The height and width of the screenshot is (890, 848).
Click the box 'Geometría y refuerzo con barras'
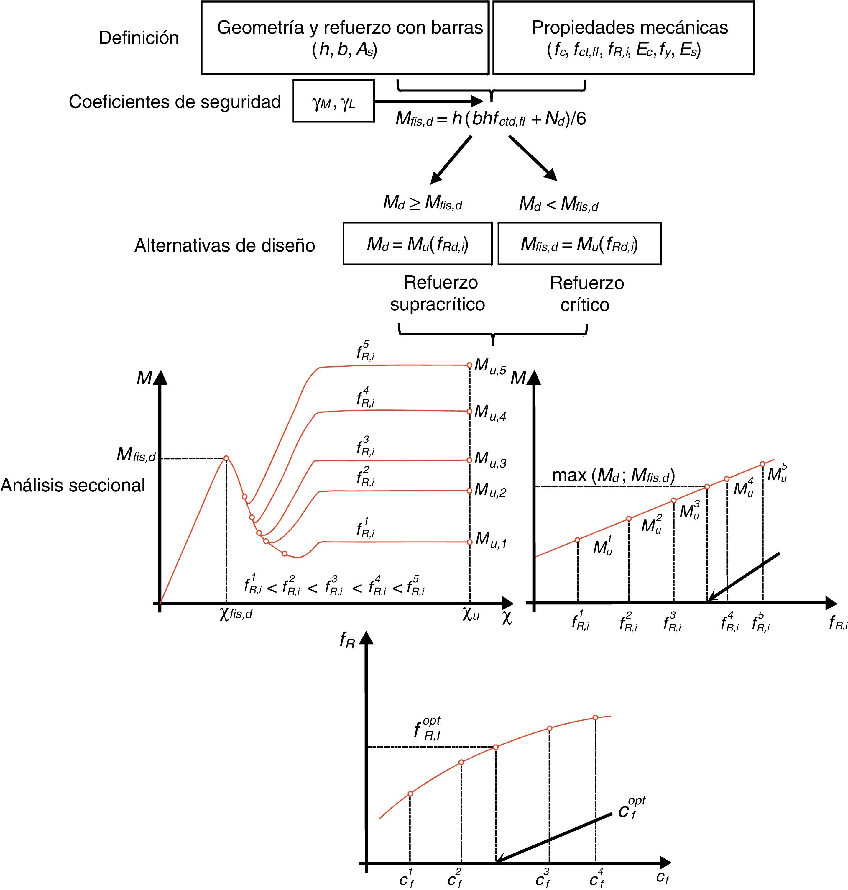345,37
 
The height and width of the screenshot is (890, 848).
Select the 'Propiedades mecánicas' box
623,37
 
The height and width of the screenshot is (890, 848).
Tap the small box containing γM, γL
333,101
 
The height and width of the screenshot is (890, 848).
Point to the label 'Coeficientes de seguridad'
175,102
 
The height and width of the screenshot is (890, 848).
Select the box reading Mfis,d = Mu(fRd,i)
579,244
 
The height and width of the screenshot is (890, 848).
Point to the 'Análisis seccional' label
73,485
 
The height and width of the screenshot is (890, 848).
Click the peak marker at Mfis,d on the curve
226,458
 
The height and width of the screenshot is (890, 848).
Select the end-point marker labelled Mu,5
470,365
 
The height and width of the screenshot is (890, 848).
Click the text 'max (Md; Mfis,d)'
613,475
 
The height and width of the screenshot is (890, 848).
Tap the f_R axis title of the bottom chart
347,640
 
